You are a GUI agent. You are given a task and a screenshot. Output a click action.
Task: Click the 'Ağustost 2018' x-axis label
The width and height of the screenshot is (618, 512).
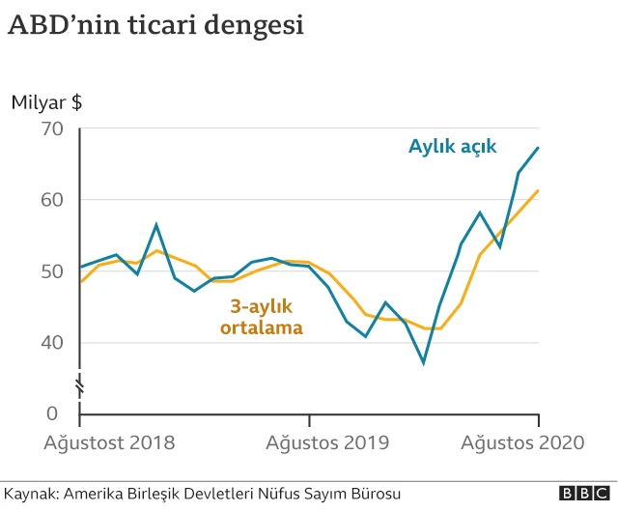click(x=110, y=443)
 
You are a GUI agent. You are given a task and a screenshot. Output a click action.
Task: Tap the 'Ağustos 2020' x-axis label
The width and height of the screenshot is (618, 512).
click(x=522, y=443)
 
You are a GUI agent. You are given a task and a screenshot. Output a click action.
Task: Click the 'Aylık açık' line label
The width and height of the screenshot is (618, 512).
click(x=452, y=147)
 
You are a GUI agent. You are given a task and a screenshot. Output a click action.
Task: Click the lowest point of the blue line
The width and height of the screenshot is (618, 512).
click(x=423, y=362)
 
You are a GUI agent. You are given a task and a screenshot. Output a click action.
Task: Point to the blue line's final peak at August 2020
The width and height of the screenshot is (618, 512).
click(x=538, y=147)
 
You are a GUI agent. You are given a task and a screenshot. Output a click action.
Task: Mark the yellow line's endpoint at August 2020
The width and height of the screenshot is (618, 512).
click(x=538, y=190)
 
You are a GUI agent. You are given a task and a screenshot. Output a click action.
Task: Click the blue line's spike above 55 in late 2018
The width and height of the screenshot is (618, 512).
click(x=156, y=225)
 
